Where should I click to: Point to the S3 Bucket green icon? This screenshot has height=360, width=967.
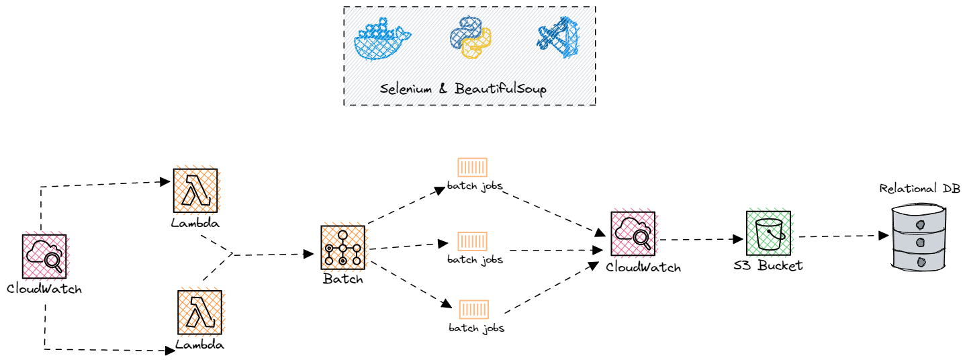pos(768,233)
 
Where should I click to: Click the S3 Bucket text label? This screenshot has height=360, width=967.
pos(768,265)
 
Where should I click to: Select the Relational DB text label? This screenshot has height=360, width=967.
pos(919,188)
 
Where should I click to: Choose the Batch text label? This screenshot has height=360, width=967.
pos(342,279)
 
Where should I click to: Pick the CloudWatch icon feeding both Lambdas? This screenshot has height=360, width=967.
pos(44,256)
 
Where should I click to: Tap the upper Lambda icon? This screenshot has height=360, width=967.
pos(195,191)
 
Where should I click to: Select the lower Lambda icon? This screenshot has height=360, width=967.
pos(199,312)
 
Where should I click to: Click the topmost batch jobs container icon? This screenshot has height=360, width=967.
pos(472,167)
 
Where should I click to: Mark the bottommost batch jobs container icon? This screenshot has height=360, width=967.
pos(474,310)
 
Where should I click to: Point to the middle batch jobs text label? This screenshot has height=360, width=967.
pos(475,259)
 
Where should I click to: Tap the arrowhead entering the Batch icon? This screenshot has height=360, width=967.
pos(310,254)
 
